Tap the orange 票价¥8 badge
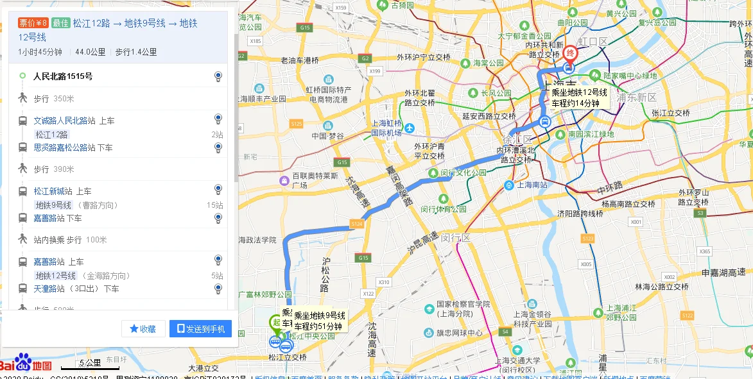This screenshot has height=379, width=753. click(33, 23)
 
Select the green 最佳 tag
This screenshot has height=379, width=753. click(60, 23)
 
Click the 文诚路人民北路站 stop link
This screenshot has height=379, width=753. click(65, 121)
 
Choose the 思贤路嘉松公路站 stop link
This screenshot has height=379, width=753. click(65, 147)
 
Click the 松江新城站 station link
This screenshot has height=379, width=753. click(53, 191)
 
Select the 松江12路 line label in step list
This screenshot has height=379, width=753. click(52, 135)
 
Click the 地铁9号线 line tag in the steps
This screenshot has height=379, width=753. click(53, 205)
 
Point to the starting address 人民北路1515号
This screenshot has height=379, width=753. click(63, 76)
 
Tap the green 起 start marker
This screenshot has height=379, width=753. click(275, 323)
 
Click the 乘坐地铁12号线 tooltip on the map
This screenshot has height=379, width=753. click(579, 97)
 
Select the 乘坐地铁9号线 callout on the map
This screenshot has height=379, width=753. click(320, 321)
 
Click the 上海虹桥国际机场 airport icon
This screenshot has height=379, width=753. click(410, 128)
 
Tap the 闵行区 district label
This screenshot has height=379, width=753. click(456, 238)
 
